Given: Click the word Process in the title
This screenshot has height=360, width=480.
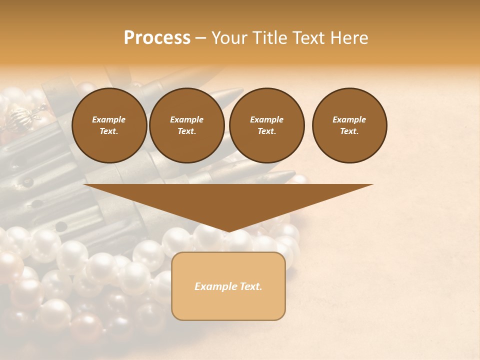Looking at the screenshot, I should click(157, 38).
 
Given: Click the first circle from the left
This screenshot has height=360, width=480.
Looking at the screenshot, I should click(109, 125).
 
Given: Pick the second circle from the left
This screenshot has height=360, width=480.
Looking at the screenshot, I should click(186, 125).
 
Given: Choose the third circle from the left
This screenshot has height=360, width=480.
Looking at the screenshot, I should click(266, 125).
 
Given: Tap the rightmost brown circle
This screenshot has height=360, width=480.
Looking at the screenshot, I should click(349, 125).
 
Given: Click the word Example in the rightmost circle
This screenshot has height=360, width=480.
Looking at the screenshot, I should click(349, 119).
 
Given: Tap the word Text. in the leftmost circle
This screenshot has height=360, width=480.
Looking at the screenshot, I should click(109, 131).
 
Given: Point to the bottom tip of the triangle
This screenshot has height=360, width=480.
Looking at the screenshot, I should click(228, 231).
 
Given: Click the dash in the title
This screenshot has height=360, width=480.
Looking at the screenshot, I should click(201, 38).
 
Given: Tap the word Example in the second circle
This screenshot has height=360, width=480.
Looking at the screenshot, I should click(186, 119).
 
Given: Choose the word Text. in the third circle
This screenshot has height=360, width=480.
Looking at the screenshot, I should click(266, 131).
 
